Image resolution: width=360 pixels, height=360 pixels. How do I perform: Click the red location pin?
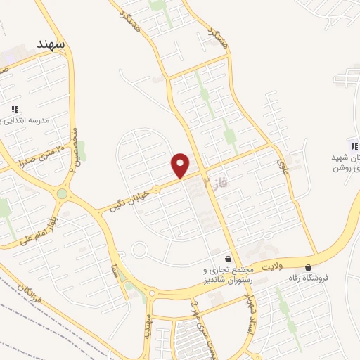pos(181,165)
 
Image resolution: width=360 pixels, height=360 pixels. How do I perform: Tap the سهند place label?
pos(51,44)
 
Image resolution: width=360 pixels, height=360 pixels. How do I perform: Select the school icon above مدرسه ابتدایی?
pos(14,109)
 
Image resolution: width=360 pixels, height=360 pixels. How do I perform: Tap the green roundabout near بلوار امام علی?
pos(63,193)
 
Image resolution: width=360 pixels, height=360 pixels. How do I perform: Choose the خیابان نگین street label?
pos(129,198)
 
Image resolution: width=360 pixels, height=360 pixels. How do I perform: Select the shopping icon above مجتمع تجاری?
pos(226,258)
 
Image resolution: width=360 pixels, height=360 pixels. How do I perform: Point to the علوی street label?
pos(283,167)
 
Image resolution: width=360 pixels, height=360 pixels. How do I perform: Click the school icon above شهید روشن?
pos(354,146)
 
